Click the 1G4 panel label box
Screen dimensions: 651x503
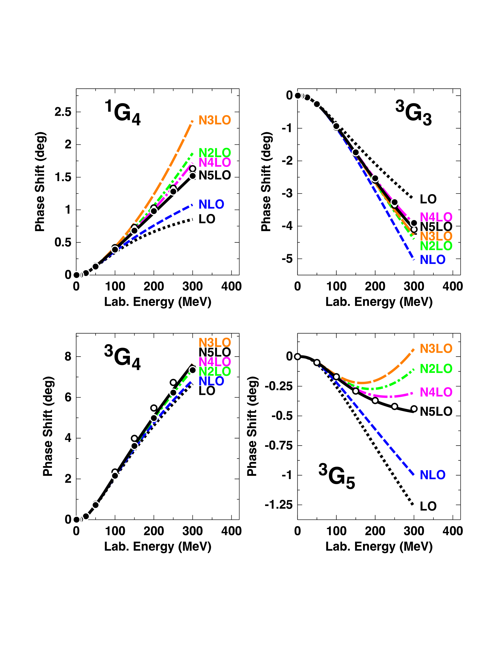pos(122,111)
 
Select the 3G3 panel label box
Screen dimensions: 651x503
pos(413,111)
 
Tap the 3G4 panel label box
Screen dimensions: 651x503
pos(122,355)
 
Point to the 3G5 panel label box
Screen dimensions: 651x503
pos(336,474)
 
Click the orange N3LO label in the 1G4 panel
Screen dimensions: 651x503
pos(215,120)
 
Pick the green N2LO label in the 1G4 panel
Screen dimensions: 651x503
pos(215,153)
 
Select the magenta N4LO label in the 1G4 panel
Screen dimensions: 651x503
pos(215,163)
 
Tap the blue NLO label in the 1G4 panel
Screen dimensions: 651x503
pos(211,204)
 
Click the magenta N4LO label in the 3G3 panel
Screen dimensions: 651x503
pos(436,217)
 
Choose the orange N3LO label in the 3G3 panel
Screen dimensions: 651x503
pos(436,236)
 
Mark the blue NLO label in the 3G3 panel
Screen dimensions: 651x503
pos(432,260)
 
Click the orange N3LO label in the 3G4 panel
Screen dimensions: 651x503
pos(215,343)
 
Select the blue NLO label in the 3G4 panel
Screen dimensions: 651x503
pos(211,381)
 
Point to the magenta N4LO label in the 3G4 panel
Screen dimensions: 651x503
pos(215,362)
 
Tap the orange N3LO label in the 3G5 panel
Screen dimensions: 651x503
pos(436,349)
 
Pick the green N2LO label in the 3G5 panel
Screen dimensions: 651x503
pos(436,369)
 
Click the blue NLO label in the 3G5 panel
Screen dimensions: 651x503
pos(432,475)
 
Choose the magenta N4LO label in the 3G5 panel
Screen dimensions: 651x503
pos(436,392)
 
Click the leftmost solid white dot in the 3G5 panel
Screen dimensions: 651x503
pos(297,357)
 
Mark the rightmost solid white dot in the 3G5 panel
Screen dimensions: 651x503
pos(414,409)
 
